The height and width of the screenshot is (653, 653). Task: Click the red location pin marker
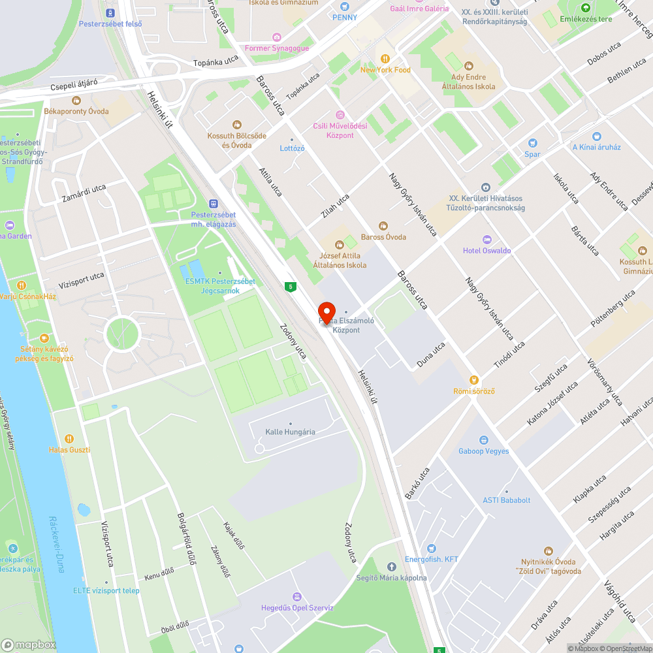pyautogui.click(x=326, y=312)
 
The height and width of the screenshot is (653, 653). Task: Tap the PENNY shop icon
pyautogui.click(x=344, y=7)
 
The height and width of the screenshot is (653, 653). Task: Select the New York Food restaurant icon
pyautogui.click(x=385, y=58)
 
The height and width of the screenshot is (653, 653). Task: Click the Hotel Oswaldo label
pyautogui.click(x=486, y=251)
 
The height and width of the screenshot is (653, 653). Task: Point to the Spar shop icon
pyautogui.click(x=532, y=143)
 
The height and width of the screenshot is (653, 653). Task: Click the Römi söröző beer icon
pyautogui.click(x=474, y=379)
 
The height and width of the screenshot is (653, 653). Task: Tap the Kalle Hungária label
pyautogui.click(x=290, y=432)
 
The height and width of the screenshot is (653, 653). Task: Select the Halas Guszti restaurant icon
pyautogui.click(x=69, y=438)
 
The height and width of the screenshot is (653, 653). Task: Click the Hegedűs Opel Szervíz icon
pyautogui.click(x=297, y=596)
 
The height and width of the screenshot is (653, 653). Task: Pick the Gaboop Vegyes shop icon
pyautogui.click(x=483, y=439)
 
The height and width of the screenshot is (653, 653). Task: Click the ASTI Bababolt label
pyautogui.click(x=506, y=500)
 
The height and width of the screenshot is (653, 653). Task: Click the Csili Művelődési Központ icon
pyautogui.click(x=338, y=114)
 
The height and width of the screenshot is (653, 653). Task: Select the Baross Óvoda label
pyautogui.click(x=383, y=237)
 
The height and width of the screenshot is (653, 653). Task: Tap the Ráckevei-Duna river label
pyautogui.click(x=57, y=545)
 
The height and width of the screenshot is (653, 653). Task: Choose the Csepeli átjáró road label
pyautogui.click(x=74, y=84)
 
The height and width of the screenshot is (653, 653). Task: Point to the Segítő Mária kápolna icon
pyautogui.click(x=391, y=566)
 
